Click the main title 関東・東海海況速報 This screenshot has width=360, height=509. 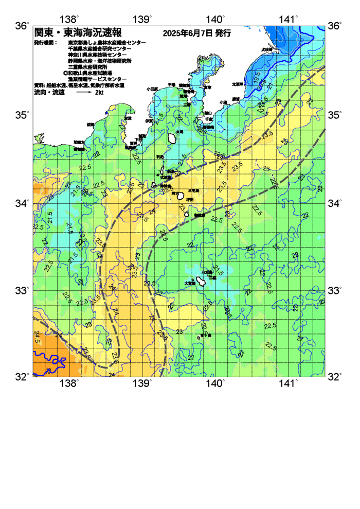[x=77, y=33]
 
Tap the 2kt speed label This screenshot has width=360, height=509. [x=99, y=93]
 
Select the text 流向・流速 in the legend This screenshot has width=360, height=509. [x=45, y=93]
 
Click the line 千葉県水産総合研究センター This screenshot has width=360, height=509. [x=99, y=48]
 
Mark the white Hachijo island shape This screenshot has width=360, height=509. [x=201, y=280]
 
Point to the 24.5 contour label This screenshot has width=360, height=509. [x=37, y=337]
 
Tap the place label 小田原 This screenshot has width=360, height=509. [x=152, y=89]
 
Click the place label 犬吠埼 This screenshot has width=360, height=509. [x=267, y=49]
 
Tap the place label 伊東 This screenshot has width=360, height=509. [x=149, y=121]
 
